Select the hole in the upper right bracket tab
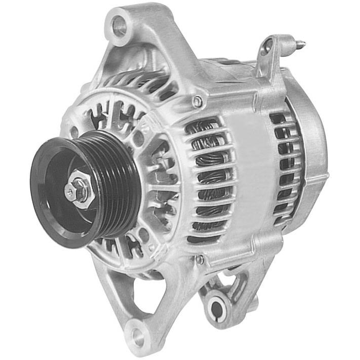click(x=267, y=48)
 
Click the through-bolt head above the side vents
click(x=198, y=102)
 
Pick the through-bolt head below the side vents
click(x=200, y=260)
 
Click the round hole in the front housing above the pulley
click(x=138, y=138)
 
